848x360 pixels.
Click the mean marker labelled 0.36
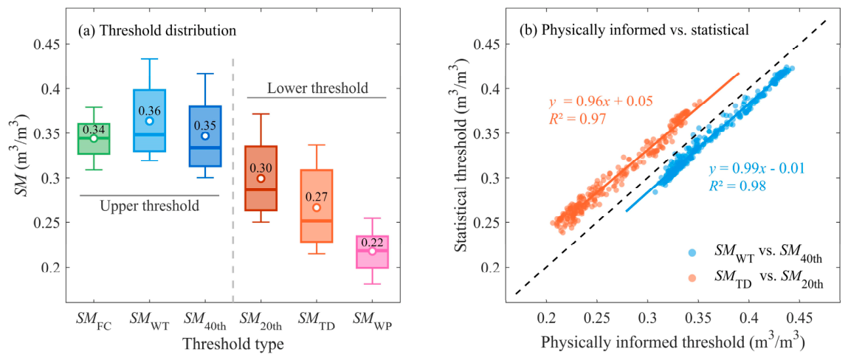pyautogui.click(x=149, y=120)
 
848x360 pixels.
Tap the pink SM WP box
pyautogui.click(x=372, y=252)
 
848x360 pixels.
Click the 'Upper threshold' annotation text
pyautogui.click(x=149, y=206)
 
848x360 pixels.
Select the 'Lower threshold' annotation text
pyautogui.click(x=317, y=86)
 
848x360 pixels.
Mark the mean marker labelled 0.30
pyautogui.click(x=261, y=179)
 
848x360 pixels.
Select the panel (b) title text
pyautogui.click(x=634, y=31)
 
